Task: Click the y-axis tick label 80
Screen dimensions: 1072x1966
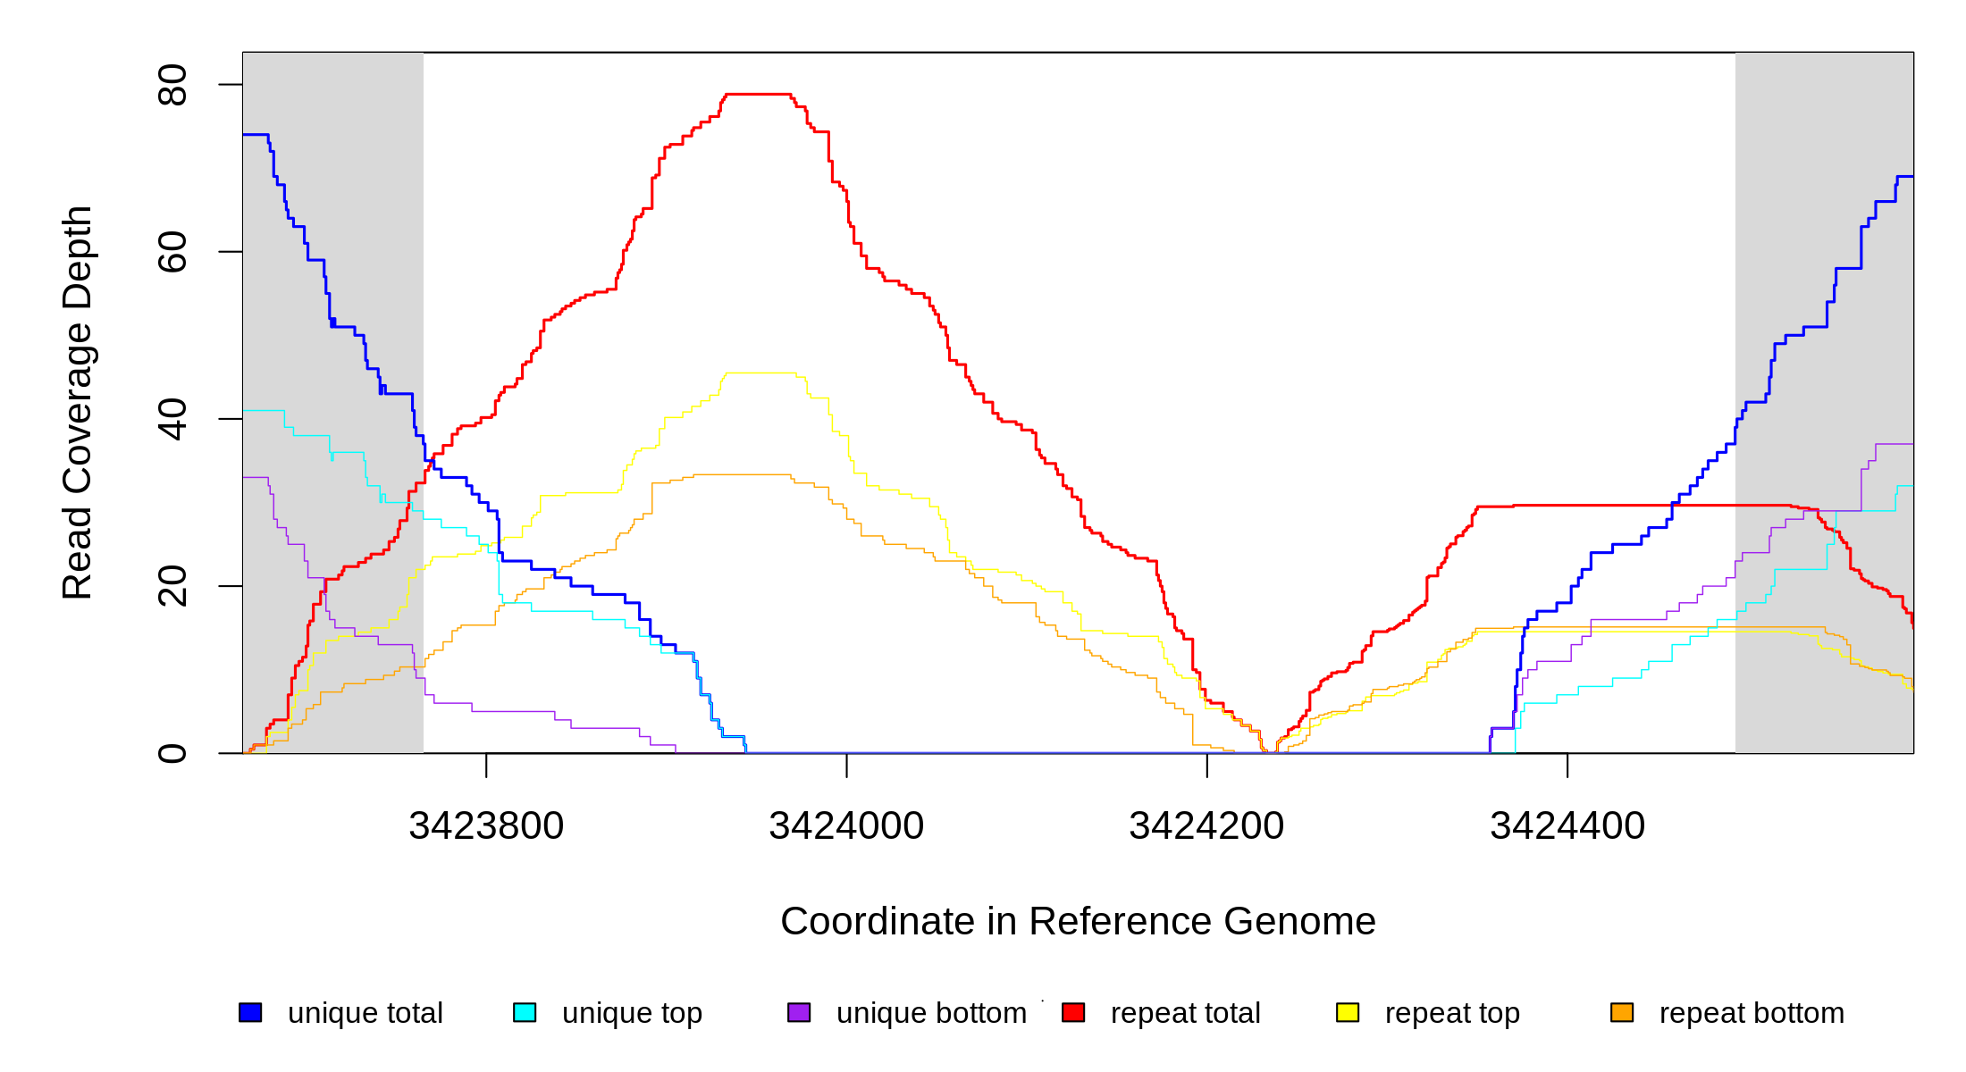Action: click(172, 85)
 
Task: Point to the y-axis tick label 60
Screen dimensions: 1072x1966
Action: click(172, 252)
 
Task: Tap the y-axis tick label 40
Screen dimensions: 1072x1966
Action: click(172, 419)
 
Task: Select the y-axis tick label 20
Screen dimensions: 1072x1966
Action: click(172, 586)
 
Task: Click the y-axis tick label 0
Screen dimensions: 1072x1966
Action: click(172, 753)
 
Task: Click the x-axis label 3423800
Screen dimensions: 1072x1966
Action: click(486, 825)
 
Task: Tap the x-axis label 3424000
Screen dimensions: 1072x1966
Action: click(846, 825)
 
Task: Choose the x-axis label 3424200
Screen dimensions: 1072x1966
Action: click(1206, 825)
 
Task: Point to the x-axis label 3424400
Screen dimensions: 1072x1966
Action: click(1567, 825)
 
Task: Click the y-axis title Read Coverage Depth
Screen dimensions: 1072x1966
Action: click(77, 402)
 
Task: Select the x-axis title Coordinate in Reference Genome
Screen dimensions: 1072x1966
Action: click(1078, 921)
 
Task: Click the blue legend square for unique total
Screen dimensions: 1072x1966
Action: click(250, 1012)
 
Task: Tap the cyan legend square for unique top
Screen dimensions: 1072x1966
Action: click(525, 1012)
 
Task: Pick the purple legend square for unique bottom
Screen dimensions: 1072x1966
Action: click(799, 1012)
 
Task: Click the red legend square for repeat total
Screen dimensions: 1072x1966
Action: click(1073, 1012)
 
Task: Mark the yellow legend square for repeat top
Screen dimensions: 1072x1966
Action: click(1348, 1012)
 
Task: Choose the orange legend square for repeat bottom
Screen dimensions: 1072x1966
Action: click(1622, 1012)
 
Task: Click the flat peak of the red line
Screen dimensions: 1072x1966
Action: click(758, 94)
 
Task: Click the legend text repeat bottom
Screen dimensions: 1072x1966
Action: click(1752, 1013)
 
